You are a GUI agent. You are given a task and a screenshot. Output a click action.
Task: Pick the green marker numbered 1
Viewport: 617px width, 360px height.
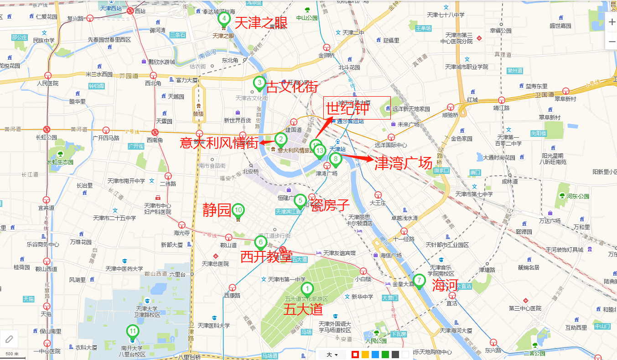pyautogui.click(x=307, y=289)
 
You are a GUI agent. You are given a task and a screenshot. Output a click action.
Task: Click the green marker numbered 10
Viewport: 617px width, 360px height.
pyautogui.click(x=238, y=210)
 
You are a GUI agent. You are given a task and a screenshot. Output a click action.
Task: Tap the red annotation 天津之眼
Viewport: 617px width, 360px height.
pyautogui.click(x=260, y=23)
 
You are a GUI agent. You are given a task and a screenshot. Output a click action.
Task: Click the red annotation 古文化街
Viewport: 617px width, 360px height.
pyautogui.click(x=292, y=87)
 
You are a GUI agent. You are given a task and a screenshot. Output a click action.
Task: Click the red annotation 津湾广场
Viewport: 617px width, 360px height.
pyautogui.click(x=403, y=163)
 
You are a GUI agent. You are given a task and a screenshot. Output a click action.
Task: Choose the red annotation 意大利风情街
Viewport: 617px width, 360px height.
pyautogui.click(x=219, y=142)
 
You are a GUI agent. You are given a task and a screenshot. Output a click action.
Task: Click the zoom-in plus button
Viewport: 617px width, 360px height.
pyautogui.click(x=612, y=22)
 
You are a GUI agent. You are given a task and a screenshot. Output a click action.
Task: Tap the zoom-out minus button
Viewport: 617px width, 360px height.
pyautogui.click(x=612, y=42)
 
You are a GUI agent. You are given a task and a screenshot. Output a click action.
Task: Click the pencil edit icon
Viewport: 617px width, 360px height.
pyautogui.click(x=9, y=339)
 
